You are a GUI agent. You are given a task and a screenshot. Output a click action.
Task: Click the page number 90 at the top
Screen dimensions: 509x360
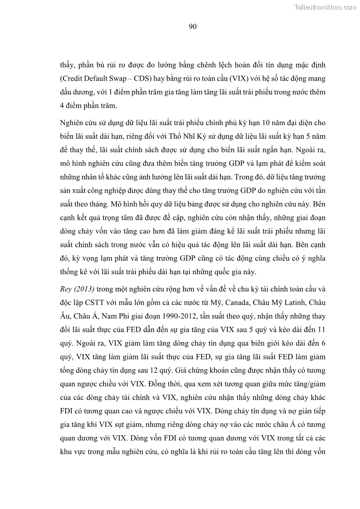(x=192, y=27)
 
